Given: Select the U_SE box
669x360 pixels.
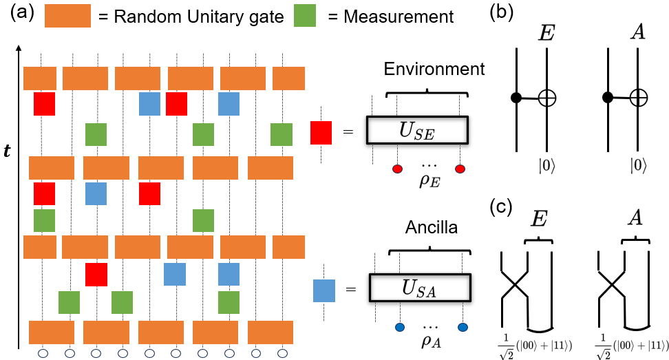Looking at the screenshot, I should pos(416,129).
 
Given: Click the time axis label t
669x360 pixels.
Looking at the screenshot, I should pos(8,150).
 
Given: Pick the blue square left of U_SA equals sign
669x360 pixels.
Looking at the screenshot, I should pos(324,290).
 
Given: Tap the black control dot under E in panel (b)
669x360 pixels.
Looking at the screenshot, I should pos(516,98).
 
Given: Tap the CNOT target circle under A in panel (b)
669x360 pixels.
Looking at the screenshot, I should pos(639,99).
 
